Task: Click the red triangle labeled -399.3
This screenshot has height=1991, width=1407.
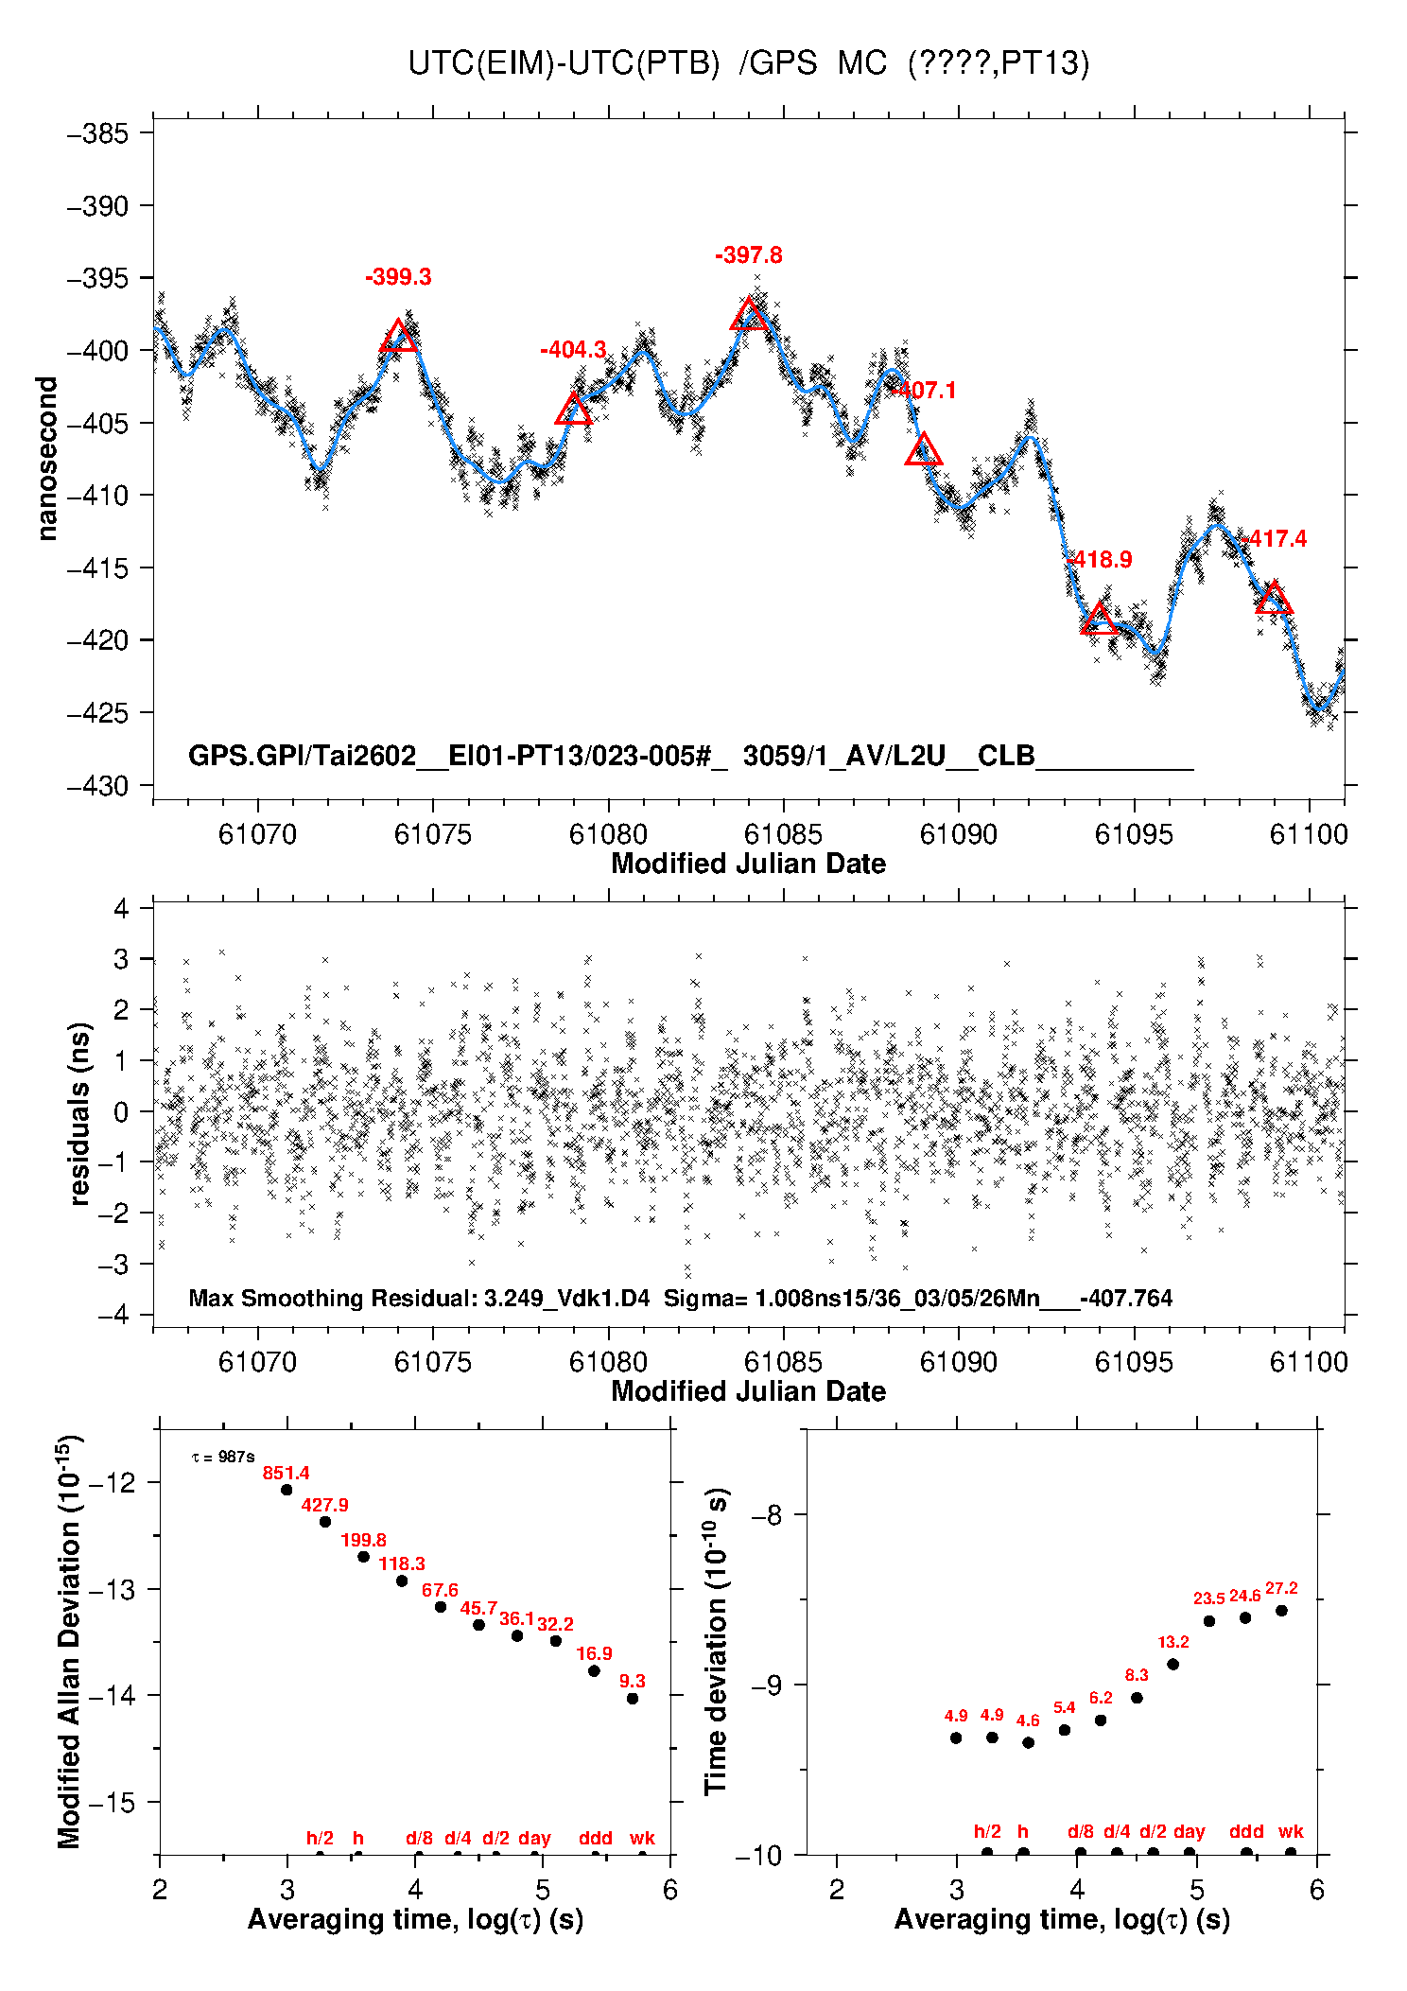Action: click(398, 337)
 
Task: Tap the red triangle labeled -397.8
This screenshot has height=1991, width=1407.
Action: click(749, 315)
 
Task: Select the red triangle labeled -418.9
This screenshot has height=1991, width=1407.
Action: click(1099, 620)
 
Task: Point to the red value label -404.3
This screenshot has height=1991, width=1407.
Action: click(573, 350)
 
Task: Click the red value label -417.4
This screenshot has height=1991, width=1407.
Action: click(1277, 539)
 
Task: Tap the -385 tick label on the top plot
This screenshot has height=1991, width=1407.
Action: click(97, 133)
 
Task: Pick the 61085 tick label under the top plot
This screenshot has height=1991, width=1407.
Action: click(783, 834)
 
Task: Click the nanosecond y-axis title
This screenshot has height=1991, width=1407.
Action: click(47, 459)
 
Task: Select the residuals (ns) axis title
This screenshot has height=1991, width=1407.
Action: click(80, 1113)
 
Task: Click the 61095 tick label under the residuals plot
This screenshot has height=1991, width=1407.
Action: click(1133, 1362)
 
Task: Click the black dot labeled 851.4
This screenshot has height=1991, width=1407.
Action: click(287, 1490)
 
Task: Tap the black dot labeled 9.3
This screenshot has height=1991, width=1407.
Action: click(633, 1698)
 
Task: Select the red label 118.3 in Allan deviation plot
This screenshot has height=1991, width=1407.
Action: click(402, 1563)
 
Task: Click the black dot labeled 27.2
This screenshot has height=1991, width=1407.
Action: click(1281, 1611)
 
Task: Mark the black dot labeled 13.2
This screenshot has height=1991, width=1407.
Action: click(1172, 1665)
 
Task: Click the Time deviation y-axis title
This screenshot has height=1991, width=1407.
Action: click(717, 1641)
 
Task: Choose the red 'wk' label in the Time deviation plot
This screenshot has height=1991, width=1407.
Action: click(1291, 1832)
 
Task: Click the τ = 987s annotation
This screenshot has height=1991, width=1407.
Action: click(223, 1458)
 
